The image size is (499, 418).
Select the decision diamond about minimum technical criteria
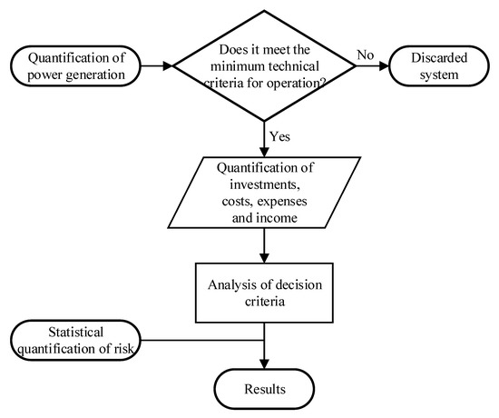tap(263, 65)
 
